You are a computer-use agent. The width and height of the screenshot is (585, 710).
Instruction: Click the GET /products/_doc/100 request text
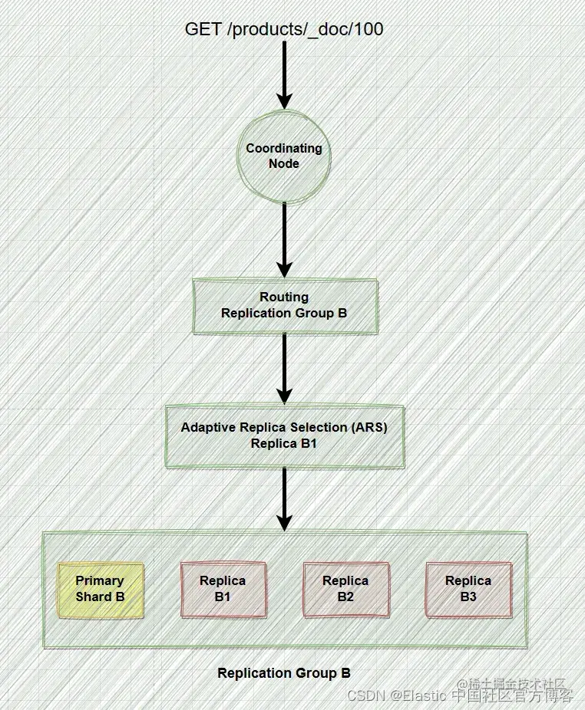point(284,29)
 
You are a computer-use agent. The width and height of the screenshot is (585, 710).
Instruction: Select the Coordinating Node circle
point(284,156)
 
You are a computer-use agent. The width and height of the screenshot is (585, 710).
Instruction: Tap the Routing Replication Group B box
point(285,306)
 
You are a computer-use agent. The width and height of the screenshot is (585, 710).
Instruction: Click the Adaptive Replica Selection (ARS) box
point(285,436)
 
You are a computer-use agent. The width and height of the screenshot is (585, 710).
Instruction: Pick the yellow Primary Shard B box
point(101,590)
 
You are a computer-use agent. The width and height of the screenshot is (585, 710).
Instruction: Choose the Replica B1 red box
point(223,590)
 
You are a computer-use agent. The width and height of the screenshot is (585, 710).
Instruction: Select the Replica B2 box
point(345,590)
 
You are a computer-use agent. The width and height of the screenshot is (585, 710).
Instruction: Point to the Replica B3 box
point(468,590)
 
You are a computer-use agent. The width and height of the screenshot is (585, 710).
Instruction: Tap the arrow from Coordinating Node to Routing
point(285,238)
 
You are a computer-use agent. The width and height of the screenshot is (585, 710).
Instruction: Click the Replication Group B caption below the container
point(284,673)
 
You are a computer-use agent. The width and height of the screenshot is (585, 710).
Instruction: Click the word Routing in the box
point(284,297)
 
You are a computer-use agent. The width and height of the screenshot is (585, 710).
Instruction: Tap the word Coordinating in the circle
point(284,148)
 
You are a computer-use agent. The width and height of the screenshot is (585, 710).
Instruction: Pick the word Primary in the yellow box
point(100,581)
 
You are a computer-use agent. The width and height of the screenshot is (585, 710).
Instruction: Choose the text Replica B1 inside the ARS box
point(284,444)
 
